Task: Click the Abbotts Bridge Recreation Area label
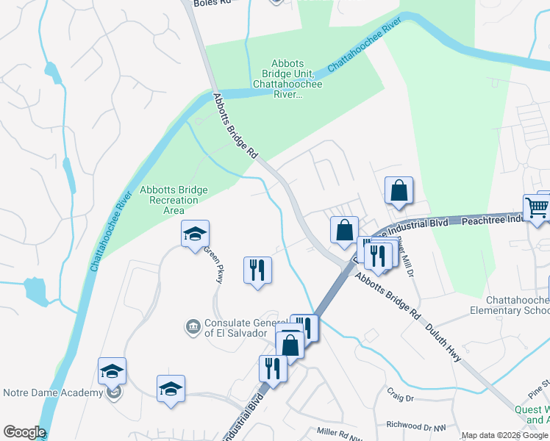coord(174,200)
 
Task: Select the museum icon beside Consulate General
coord(193,326)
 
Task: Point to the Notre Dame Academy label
coord(53,392)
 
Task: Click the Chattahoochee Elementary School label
coord(517,306)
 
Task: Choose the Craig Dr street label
coord(400,398)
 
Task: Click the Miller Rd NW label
coord(339,432)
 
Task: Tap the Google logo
coord(24,432)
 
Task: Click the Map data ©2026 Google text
coord(504,435)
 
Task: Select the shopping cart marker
coord(535,207)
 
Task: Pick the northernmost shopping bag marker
coord(398,190)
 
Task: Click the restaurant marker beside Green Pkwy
coord(257,270)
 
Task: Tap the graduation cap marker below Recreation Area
coord(195,234)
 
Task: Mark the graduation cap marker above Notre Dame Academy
coord(112,371)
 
